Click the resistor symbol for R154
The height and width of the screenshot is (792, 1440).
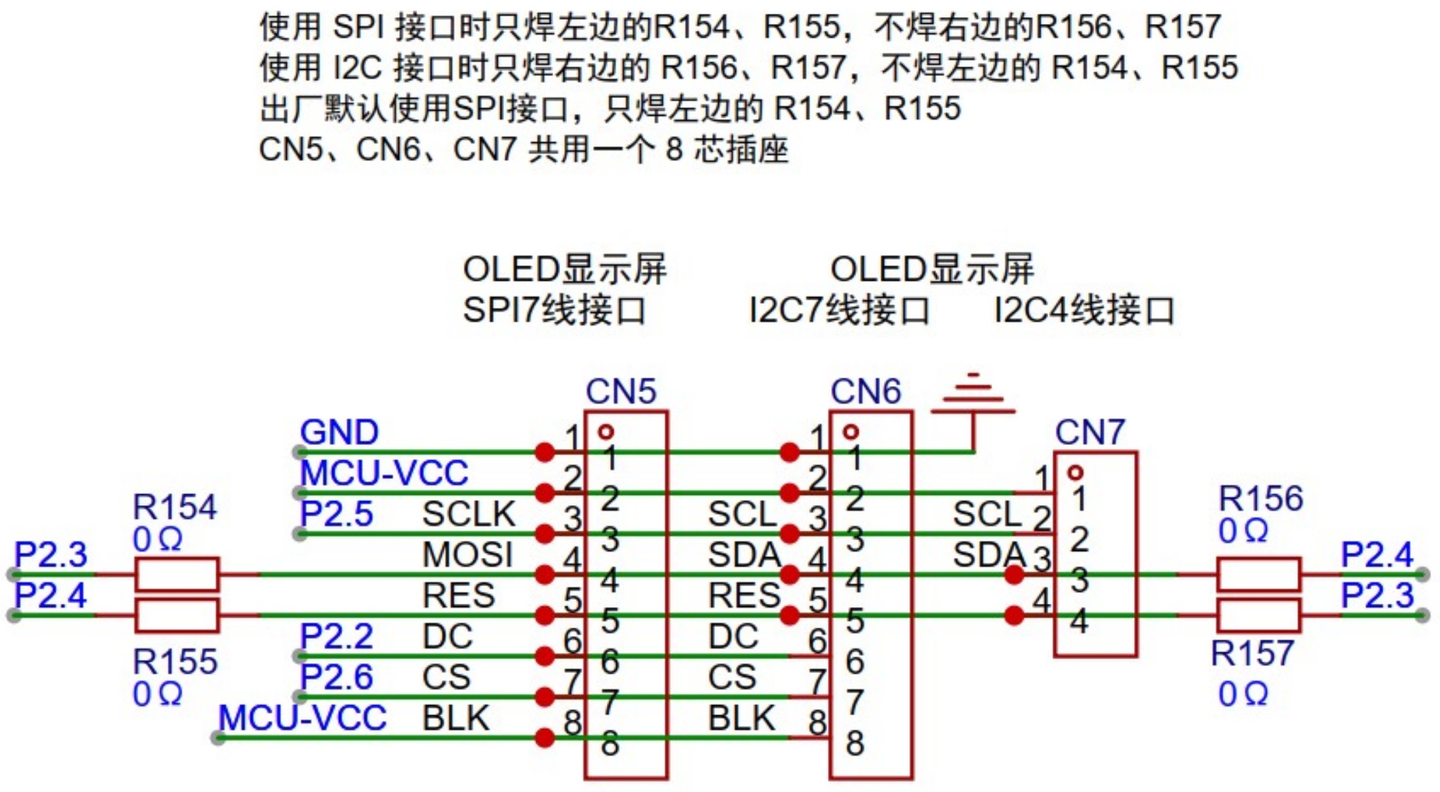pyautogui.click(x=177, y=574)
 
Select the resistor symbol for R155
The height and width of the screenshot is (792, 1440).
pyautogui.click(x=177, y=615)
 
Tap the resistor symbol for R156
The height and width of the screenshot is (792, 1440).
pyautogui.click(x=1258, y=574)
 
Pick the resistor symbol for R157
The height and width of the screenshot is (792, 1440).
pyautogui.click(x=1258, y=615)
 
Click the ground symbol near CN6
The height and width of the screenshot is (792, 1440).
pyautogui.click(x=973, y=397)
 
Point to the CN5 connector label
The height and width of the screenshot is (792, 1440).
pyautogui.click(x=620, y=392)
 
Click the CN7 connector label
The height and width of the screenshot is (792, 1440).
pyautogui.click(x=1089, y=432)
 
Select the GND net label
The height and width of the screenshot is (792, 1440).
pyautogui.click(x=339, y=433)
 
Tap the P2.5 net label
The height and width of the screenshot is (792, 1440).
pyautogui.click(x=337, y=514)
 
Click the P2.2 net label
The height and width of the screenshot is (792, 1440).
pyautogui.click(x=337, y=637)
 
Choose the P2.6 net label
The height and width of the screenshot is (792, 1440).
pyautogui.click(x=337, y=678)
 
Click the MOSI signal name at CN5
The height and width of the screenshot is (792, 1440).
pyautogui.click(x=467, y=554)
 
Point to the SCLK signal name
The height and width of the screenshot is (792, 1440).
pyautogui.click(x=468, y=514)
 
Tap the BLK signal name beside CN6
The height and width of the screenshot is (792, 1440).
pyautogui.click(x=742, y=718)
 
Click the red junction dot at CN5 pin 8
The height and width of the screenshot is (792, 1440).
pyautogui.click(x=545, y=738)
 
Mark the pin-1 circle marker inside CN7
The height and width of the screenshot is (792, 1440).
pyautogui.click(x=1076, y=472)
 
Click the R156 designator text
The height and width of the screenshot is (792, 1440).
pyautogui.click(x=1260, y=498)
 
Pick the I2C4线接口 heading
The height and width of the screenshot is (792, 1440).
pyautogui.click(x=1084, y=310)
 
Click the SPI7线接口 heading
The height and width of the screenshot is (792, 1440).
pyautogui.click(x=554, y=310)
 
